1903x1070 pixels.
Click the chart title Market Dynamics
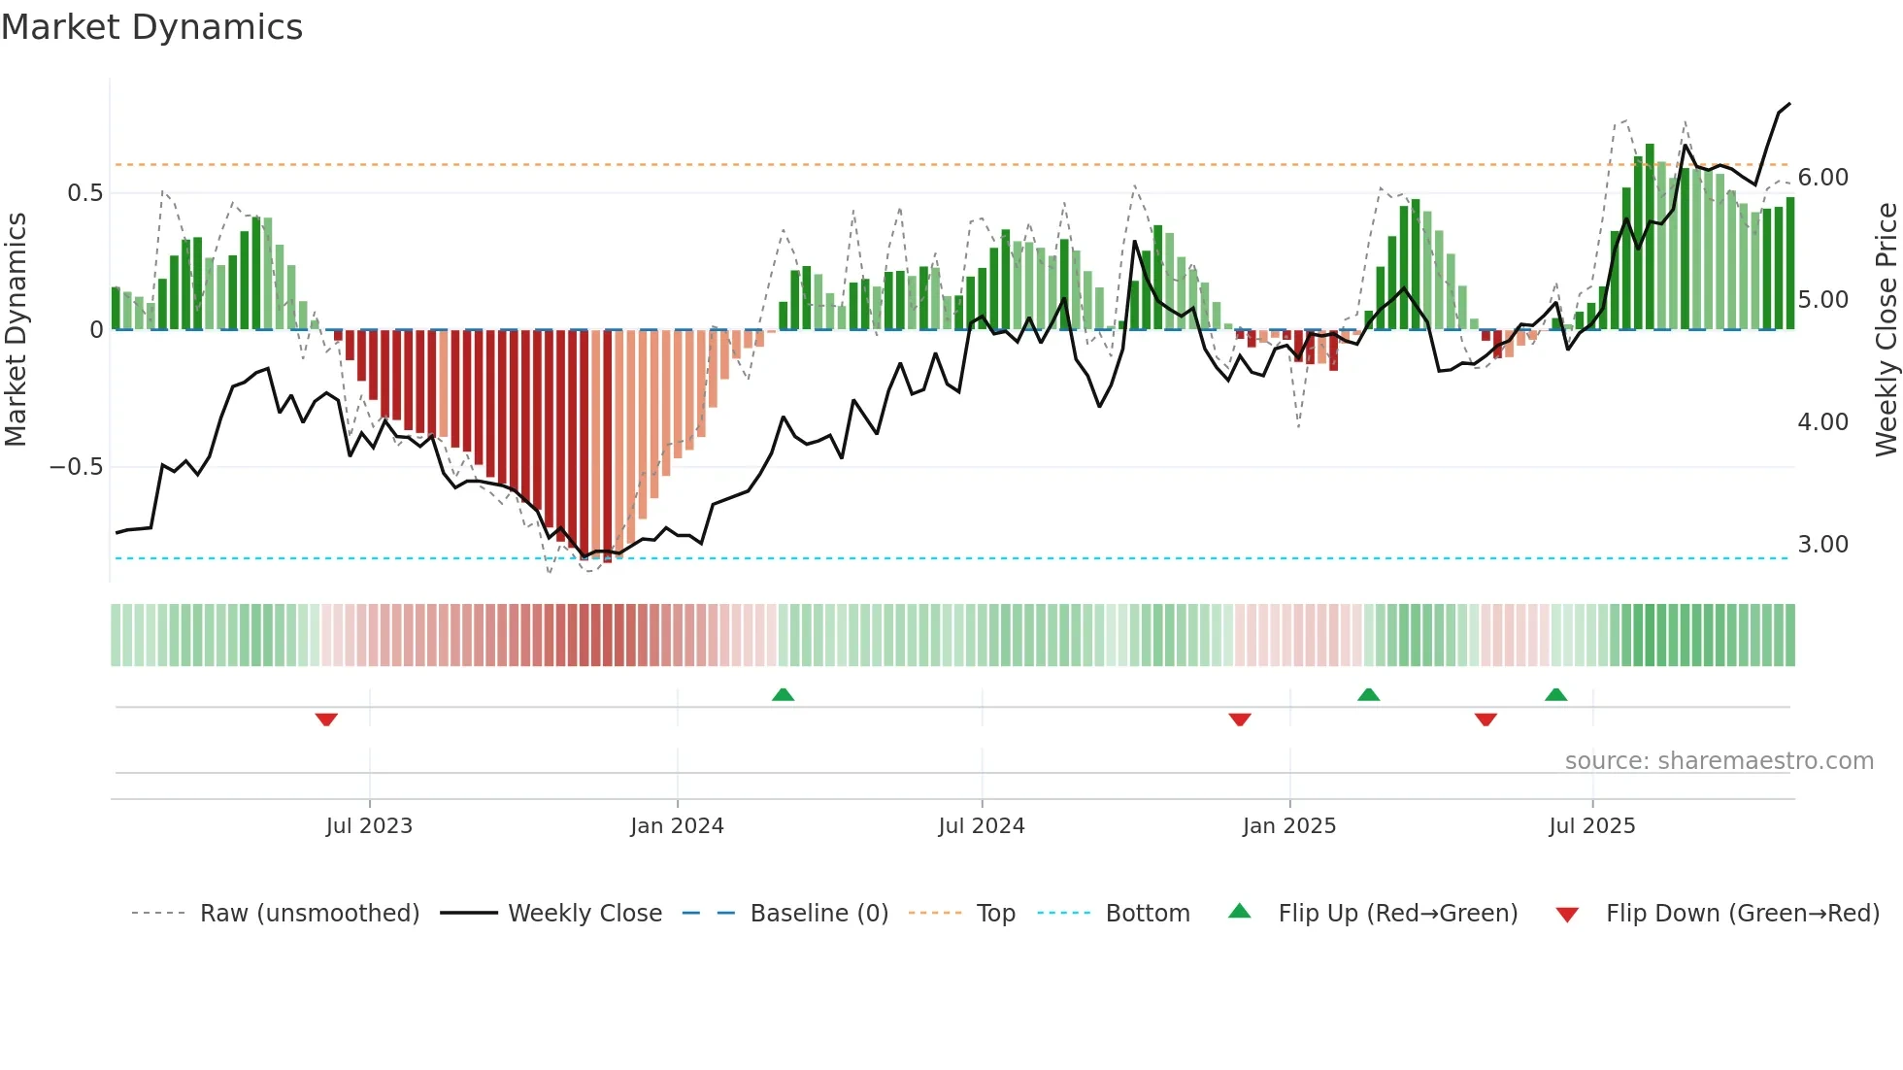tap(152, 27)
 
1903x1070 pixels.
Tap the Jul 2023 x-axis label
tap(369, 826)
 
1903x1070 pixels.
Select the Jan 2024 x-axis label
tap(677, 826)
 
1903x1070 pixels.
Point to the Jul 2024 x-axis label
tap(982, 826)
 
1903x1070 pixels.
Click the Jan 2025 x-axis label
tap(1289, 826)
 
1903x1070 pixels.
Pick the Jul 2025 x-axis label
tap(1592, 826)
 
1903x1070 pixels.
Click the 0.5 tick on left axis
tap(84, 193)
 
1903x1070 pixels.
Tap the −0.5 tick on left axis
tap(77, 467)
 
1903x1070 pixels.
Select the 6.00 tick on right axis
tap(1823, 178)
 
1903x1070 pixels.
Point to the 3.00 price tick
tap(1823, 545)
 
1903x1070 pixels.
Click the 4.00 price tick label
tap(1823, 422)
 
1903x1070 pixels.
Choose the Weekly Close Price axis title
tap(1886, 329)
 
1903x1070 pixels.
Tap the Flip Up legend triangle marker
tap(1240, 911)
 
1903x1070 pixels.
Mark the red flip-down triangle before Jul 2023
tap(326, 719)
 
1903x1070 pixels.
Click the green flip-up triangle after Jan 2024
tap(783, 694)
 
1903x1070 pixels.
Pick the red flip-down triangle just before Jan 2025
tap(1240, 719)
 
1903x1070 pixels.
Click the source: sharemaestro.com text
tap(1719, 761)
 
